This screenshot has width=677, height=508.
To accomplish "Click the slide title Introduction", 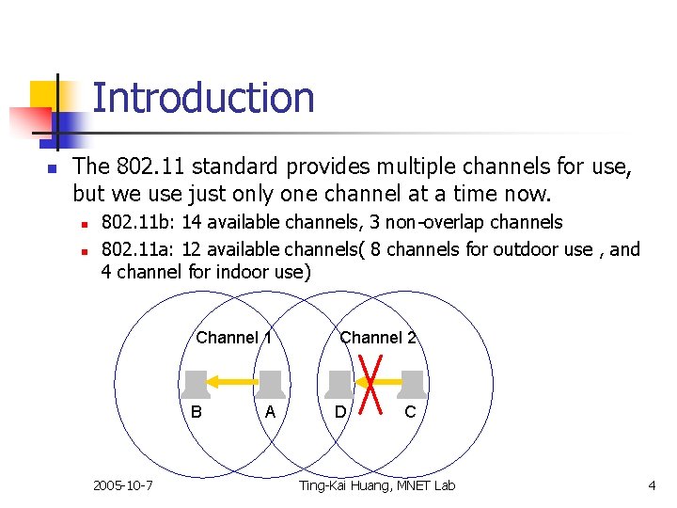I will [x=203, y=98].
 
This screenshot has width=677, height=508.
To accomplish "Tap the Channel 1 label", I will [x=233, y=338].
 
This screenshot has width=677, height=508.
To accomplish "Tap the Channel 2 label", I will [x=378, y=338].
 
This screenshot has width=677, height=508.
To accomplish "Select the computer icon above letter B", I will [x=196, y=384].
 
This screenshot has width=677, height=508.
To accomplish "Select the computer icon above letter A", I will [x=271, y=384].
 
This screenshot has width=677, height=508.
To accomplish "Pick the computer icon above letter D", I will [x=340, y=384].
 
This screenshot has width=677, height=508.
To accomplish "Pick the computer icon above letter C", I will [x=412, y=384].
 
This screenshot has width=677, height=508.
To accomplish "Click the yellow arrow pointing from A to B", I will [x=232, y=382].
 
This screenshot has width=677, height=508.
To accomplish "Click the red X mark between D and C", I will [x=376, y=382].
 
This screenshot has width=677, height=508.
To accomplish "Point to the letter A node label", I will [x=271, y=412].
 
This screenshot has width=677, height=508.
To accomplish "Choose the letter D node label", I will [x=340, y=412].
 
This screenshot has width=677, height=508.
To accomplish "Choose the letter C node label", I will [x=411, y=412].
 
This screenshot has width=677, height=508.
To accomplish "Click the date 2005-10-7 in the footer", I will [x=124, y=485].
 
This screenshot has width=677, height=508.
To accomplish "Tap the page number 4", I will [x=651, y=485].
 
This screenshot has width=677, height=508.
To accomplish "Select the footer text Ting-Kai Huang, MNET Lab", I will [x=376, y=485].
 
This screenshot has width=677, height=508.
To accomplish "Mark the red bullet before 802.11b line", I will [x=84, y=225].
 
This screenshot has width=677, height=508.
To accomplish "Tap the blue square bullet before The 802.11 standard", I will [x=53, y=169].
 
